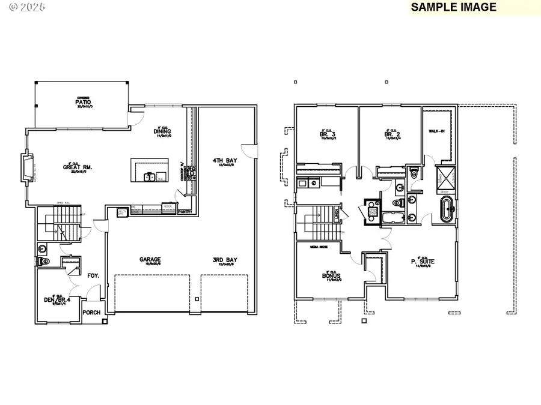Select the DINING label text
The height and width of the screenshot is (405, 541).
[163, 131]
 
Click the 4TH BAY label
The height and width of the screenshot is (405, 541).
[222, 160]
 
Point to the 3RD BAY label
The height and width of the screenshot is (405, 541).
[222, 260]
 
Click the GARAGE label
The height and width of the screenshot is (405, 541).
[150, 260]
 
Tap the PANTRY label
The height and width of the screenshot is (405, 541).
[186, 212]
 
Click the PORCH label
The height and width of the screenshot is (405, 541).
[91, 312]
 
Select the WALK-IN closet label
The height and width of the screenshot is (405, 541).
[436, 130]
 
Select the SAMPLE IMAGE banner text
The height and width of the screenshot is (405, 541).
[454, 7]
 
